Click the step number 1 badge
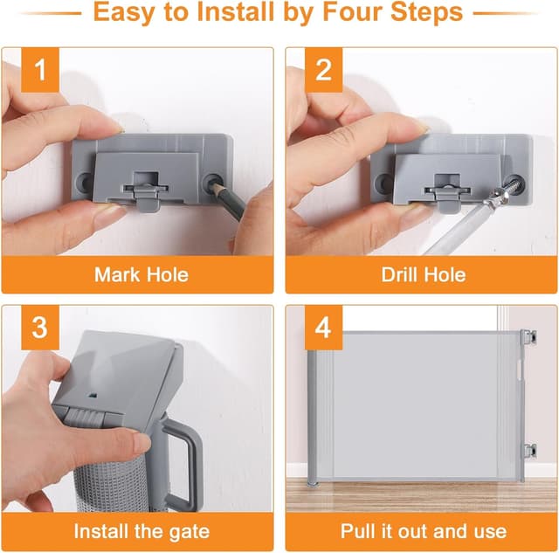tap(40, 70)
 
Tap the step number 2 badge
tap(324, 70)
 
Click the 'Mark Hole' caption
tap(141, 274)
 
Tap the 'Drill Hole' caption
tap(423, 274)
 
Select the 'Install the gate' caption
tap(141, 530)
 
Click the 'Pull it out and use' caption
tap(423, 530)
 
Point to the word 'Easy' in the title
tap(127, 13)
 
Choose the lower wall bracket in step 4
tap(529, 451)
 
